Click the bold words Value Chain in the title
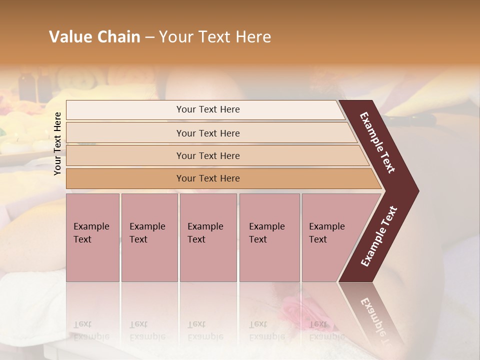click(94, 37)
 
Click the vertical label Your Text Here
click(57, 143)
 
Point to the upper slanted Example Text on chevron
click(377, 142)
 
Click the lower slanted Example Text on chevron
click(379, 236)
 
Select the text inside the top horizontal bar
click(208, 109)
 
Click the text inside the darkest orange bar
click(208, 178)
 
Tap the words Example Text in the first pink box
click(91, 233)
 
